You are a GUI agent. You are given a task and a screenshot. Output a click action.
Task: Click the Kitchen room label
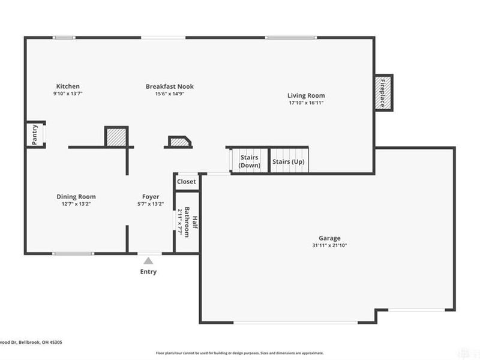(x=68, y=86)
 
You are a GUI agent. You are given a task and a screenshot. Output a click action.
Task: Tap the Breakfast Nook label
(x=170, y=86)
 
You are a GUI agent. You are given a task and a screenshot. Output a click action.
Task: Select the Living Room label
(x=306, y=95)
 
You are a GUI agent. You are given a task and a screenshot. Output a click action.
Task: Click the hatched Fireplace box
(x=383, y=93)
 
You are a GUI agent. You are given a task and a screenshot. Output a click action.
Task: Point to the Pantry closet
(x=35, y=135)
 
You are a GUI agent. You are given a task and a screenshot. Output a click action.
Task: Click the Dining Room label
(x=76, y=197)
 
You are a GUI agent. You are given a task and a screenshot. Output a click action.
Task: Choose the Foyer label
(x=151, y=197)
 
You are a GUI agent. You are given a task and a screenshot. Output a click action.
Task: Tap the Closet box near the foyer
(x=187, y=182)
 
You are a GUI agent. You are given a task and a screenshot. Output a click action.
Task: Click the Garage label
(x=329, y=238)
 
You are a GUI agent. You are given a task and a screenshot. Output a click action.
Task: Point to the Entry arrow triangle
(x=148, y=260)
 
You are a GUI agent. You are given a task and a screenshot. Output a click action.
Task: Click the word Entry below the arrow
(x=148, y=272)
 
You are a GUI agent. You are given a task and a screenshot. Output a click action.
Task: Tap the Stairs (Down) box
(x=250, y=161)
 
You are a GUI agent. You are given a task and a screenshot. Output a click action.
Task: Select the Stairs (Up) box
(x=289, y=161)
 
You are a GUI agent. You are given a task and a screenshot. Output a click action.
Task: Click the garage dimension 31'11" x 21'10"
(x=329, y=245)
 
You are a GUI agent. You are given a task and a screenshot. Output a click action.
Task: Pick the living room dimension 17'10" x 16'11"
(x=306, y=103)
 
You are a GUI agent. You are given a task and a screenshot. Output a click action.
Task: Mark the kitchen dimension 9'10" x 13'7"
(x=68, y=94)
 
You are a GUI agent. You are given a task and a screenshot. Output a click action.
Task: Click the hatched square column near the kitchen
(x=116, y=137)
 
